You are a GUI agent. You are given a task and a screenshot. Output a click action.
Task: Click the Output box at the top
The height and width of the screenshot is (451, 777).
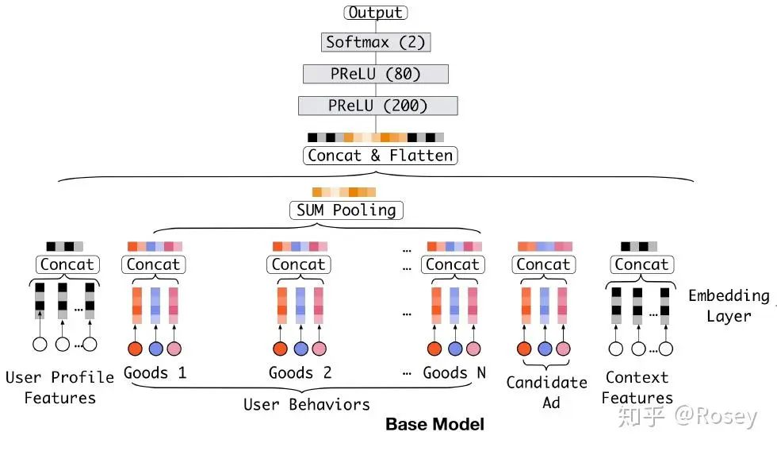pyautogui.click(x=376, y=13)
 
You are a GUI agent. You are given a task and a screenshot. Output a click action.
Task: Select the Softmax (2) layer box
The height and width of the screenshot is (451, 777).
pyautogui.click(x=376, y=42)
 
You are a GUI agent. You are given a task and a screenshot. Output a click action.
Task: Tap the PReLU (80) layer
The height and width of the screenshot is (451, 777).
pyautogui.click(x=376, y=74)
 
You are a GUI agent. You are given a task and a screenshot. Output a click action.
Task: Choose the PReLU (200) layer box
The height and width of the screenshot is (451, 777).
pyautogui.click(x=377, y=106)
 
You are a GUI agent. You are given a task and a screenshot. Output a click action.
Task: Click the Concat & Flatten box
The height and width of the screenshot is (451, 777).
pyautogui.click(x=380, y=155)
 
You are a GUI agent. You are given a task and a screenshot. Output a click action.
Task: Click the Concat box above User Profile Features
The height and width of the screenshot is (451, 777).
pyautogui.click(x=67, y=264)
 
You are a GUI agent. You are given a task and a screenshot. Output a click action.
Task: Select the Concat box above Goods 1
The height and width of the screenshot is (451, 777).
pyautogui.click(x=153, y=264)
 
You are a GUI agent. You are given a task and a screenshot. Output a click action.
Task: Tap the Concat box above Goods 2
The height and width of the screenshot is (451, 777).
pyautogui.click(x=299, y=264)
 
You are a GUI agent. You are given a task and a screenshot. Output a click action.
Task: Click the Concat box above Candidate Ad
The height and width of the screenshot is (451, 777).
pyautogui.click(x=543, y=264)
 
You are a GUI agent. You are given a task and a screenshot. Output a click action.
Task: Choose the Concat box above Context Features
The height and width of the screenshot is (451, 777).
pyautogui.click(x=641, y=264)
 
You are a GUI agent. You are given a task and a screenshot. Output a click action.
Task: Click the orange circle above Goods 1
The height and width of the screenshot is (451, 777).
pyautogui.click(x=136, y=349)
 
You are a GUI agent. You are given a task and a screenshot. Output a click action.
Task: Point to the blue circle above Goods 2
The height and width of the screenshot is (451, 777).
pyautogui.click(x=300, y=349)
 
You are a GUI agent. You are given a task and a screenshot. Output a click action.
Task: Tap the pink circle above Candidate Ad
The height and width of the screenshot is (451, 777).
pyautogui.click(x=563, y=349)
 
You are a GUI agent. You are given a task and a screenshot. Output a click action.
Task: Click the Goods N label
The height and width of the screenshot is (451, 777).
pyautogui.click(x=454, y=372)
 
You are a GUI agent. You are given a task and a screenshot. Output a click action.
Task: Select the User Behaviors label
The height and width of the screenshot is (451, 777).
pyautogui.click(x=306, y=404)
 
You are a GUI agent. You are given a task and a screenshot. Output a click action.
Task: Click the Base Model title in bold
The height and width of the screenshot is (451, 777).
pyautogui.click(x=434, y=424)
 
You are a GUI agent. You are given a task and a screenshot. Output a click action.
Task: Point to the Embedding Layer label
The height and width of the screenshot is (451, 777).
pyautogui.click(x=728, y=306)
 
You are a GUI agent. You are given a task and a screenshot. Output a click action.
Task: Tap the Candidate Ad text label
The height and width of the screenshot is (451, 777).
pyautogui.click(x=547, y=392)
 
